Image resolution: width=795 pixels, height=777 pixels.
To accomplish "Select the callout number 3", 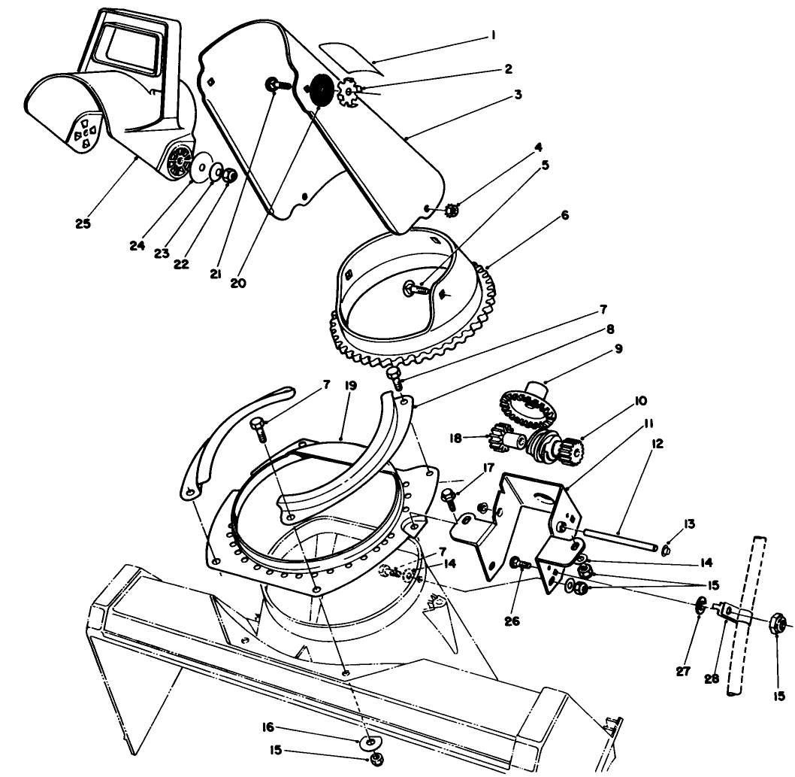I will [517, 95].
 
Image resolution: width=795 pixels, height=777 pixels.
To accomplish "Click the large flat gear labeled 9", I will [526, 406].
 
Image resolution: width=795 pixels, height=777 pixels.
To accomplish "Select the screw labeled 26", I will [520, 563].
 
